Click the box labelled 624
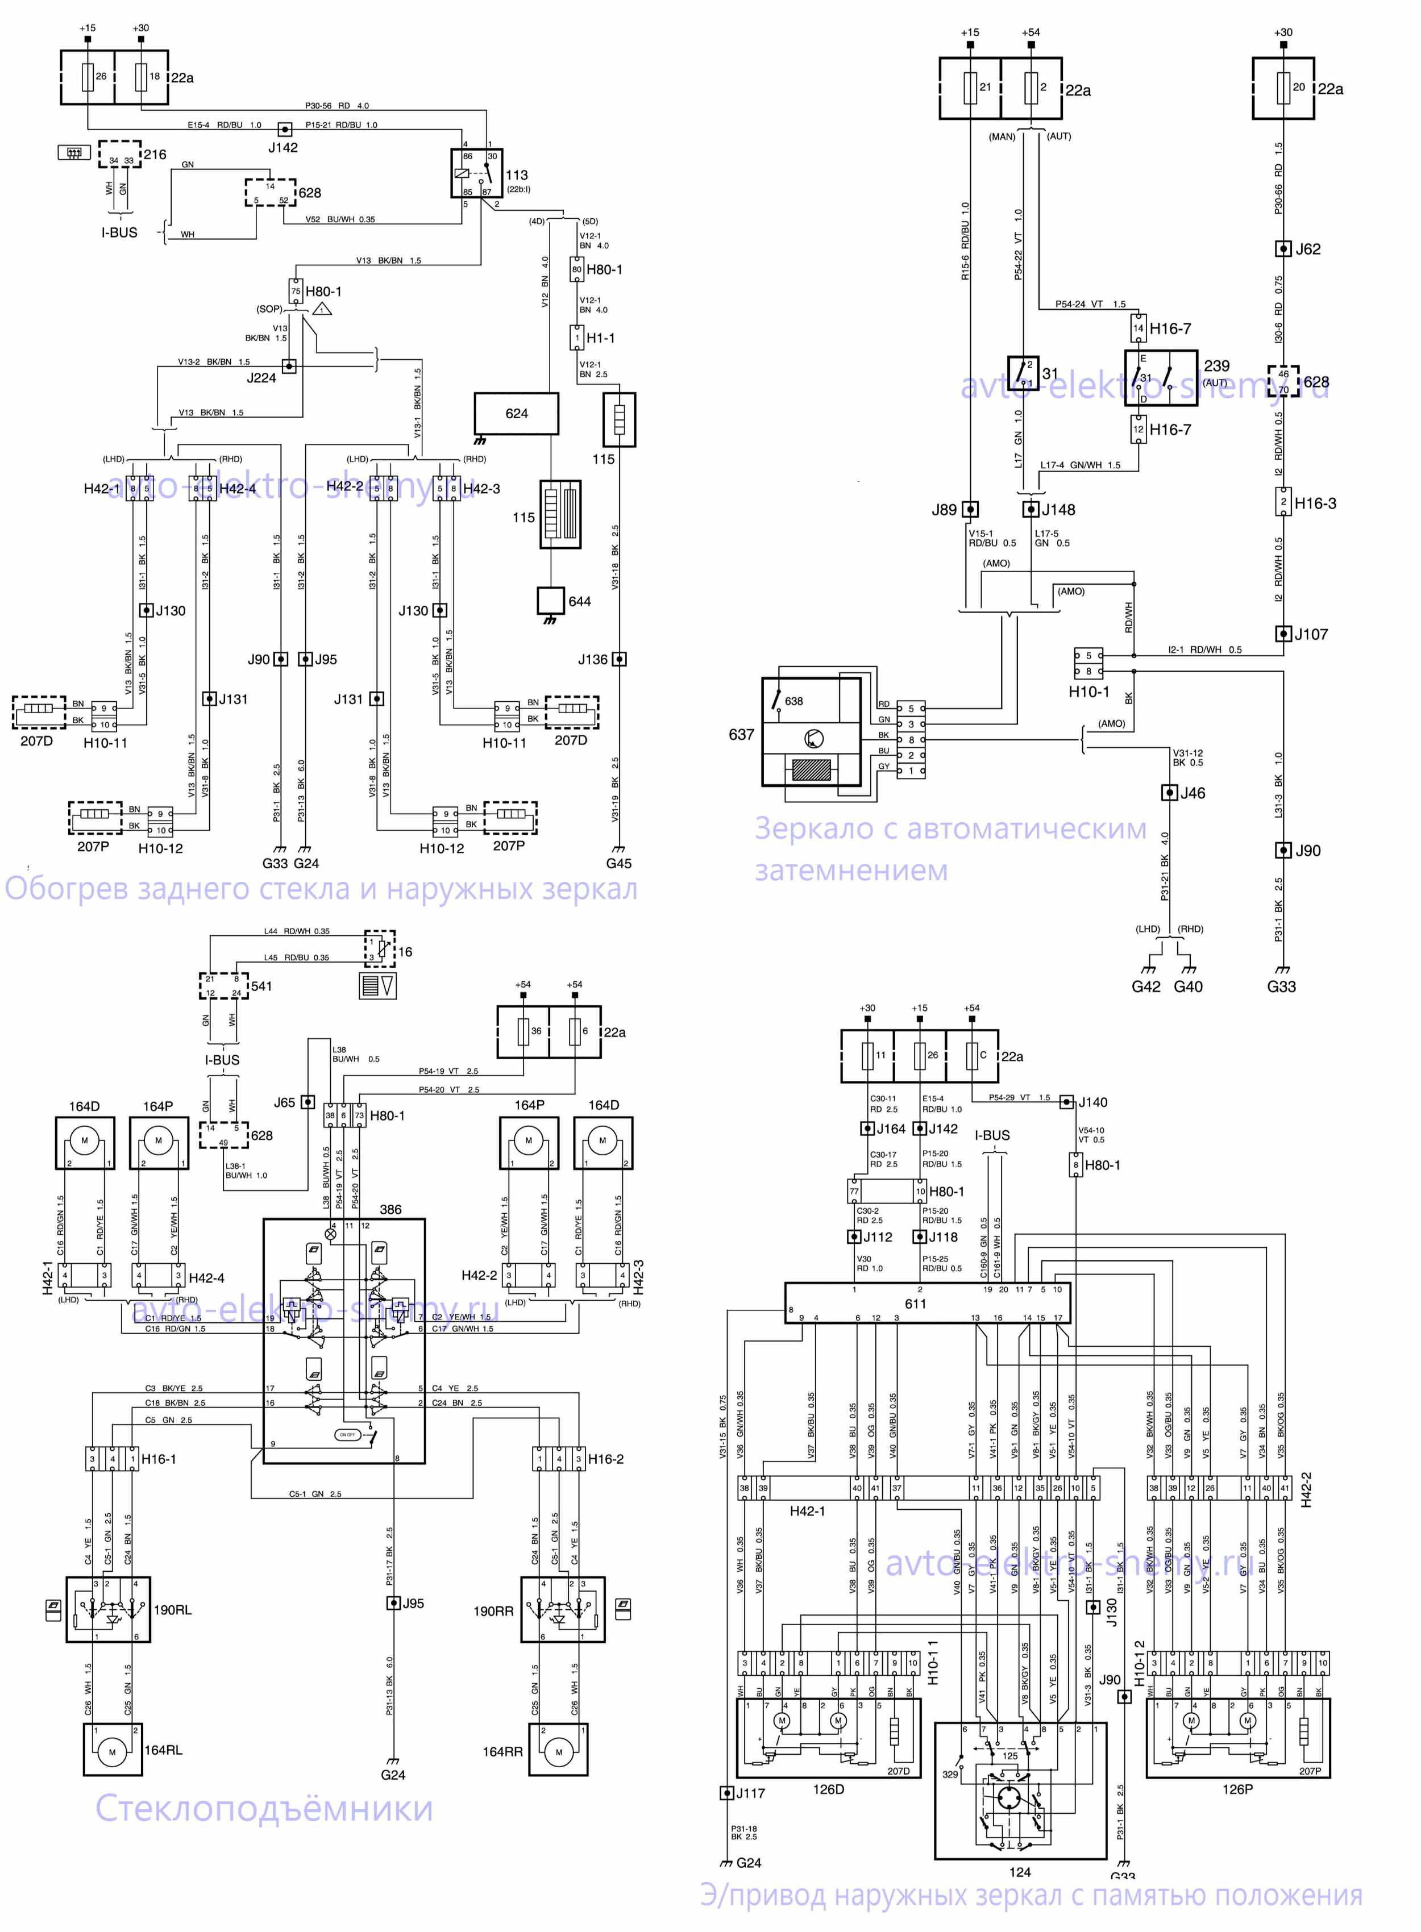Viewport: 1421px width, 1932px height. click(516, 414)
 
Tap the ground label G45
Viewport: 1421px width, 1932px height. click(618, 863)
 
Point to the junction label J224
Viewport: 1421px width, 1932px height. click(261, 377)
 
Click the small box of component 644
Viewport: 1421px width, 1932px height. click(551, 600)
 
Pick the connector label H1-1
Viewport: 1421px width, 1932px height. click(600, 338)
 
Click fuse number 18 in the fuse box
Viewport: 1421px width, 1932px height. click(155, 77)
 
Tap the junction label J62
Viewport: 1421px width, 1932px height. click(1307, 249)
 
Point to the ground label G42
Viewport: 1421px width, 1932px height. click(1146, 986)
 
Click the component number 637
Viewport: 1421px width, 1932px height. click(741, 734)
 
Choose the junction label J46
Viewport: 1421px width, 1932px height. click(1192, 793)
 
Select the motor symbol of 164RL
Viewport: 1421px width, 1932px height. click(112, 1751)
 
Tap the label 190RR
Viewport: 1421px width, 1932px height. click(493, 1610)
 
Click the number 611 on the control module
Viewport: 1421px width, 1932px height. click(915, 1304)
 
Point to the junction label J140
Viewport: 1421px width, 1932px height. click(1092, 1102)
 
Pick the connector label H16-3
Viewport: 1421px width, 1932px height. click(1315, 503)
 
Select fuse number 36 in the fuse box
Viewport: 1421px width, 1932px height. click(536, 1031)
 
